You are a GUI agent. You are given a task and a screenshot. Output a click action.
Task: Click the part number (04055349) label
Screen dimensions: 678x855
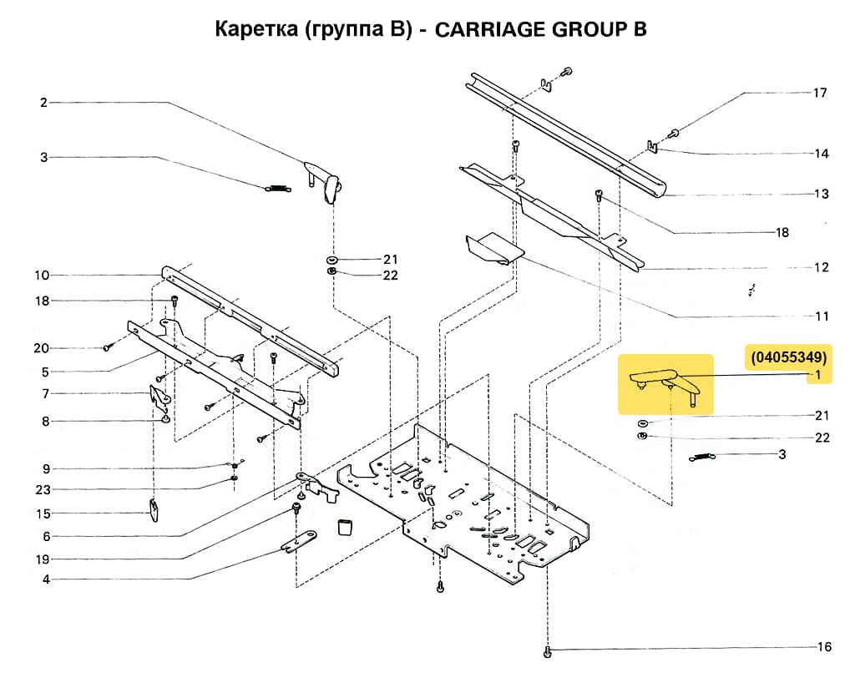click(788, 357)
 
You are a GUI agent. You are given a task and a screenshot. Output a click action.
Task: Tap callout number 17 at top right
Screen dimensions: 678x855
click(820, 93)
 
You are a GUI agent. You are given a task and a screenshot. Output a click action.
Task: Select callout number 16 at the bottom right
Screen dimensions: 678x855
click(824, 647)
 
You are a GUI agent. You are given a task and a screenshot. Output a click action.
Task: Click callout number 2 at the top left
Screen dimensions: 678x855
click(43, 103)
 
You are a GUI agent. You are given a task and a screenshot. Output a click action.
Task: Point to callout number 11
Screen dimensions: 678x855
click(822, 316)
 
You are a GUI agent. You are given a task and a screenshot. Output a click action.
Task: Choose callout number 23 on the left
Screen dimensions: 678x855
click(43, 489)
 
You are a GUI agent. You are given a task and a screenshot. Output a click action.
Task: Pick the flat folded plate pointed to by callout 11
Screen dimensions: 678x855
click(493, 248)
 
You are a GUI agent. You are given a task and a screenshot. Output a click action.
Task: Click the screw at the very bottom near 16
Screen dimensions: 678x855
click(547, 650)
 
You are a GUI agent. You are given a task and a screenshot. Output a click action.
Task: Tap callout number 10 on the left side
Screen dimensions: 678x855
click(43, 275)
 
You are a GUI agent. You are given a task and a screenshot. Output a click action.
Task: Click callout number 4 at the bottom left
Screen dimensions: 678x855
click(45, 579)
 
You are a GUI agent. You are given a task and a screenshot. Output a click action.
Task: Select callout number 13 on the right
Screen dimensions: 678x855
click(822, 194)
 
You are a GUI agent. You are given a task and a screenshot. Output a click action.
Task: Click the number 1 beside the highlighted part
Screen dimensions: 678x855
click(819, 375)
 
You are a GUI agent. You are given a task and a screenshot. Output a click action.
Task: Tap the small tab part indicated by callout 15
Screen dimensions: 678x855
click(155, 508)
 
